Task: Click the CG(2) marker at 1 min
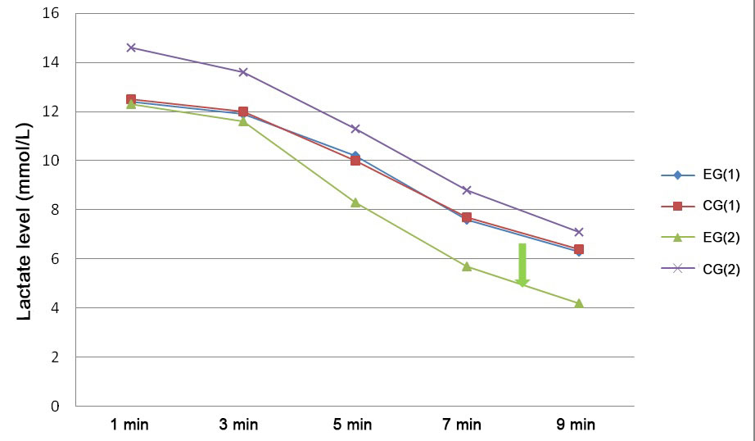click(131, 48)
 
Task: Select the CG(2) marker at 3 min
click(243, 72)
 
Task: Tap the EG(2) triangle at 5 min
click(355, 202)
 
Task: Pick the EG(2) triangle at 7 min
click(467, 266)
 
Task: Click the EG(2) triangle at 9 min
click(579, 302)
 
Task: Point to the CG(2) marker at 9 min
click(579, 232)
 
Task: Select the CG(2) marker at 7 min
click(467, 190)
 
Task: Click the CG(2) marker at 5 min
click(355, 129)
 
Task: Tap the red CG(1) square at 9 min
click(579, 249)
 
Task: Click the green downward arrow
click(522, 265)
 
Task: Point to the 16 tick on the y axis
click(52, 14)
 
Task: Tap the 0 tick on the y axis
click(56, 407)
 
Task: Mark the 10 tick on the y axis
click(52, 161)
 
